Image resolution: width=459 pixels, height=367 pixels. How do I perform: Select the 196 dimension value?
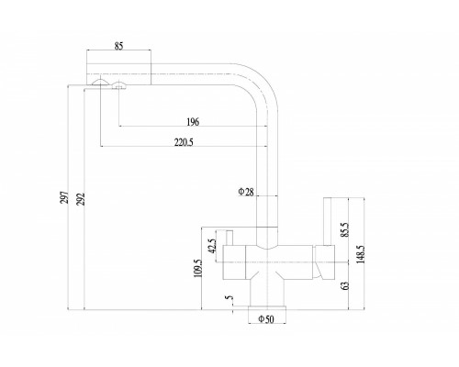point(192,120)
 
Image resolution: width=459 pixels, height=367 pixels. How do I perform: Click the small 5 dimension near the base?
point(229,297)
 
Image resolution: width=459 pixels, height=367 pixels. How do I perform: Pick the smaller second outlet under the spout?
point(118,85)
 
